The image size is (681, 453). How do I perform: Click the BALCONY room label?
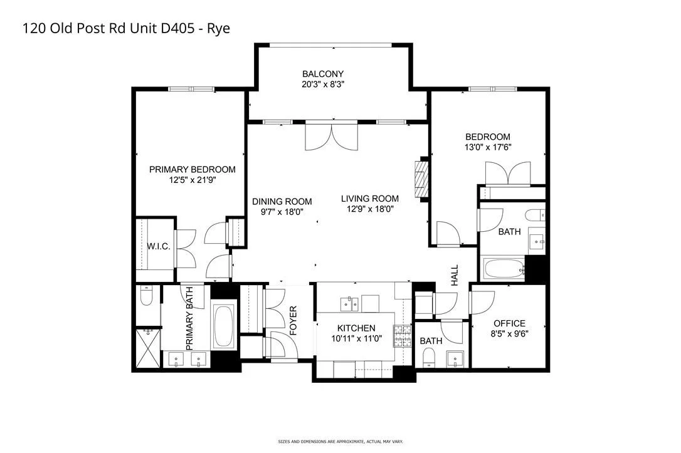323,74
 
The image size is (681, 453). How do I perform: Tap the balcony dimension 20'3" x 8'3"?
323,84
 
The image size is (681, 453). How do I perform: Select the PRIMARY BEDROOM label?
193,170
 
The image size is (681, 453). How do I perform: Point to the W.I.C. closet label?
159,246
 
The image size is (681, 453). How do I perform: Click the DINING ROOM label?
282,201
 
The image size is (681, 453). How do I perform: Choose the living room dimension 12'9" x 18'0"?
369,209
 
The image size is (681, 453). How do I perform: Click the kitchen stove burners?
403,336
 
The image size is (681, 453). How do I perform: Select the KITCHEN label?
356,328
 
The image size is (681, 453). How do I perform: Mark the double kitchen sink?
349,304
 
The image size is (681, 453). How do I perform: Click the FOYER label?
293,321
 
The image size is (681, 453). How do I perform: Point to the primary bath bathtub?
224,326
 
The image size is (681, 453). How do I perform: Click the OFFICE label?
509,324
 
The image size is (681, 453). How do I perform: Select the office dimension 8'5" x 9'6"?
509,334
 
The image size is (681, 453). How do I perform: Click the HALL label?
455,275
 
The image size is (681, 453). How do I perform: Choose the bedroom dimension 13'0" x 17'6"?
488,147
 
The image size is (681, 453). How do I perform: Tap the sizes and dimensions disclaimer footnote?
340,442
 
